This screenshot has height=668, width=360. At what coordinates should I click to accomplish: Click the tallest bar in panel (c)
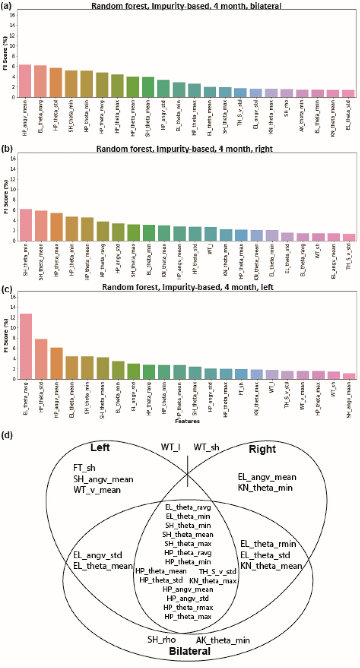click(26, 346)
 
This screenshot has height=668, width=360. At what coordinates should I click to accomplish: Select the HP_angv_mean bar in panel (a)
click(25, 81)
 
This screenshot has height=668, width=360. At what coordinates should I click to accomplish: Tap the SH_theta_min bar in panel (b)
click(26, 225)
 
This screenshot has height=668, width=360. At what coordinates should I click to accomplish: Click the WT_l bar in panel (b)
click(210, 234)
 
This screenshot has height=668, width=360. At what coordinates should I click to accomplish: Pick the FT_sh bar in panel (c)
click(241, 374)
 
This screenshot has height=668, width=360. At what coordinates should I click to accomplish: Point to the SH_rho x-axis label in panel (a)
click(286, 108)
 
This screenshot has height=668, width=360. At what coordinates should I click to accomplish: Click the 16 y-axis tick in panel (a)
click(12, 15)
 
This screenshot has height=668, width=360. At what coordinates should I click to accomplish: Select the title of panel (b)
click(184, 149)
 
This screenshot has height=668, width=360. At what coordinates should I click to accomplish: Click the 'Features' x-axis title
click(187, 421)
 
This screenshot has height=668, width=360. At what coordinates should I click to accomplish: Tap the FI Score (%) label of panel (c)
click(6, 335)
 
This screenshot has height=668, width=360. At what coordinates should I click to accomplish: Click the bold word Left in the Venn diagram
click(100, 447)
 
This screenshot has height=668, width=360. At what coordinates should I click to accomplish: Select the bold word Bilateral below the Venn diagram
click(190, 651)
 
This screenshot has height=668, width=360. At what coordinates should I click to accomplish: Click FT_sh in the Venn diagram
click(84, 468)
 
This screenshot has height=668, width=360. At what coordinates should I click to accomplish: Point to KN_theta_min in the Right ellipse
click(265, 488)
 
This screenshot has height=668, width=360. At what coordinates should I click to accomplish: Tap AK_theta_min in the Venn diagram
click(223, 640)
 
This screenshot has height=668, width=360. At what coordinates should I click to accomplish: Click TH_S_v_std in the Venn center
click(217, 572)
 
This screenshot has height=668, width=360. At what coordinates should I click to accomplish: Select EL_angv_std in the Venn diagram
click(97, 555)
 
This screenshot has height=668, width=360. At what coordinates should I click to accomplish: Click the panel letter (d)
click(7, 435)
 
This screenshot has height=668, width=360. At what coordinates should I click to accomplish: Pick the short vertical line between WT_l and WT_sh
click(187, 471)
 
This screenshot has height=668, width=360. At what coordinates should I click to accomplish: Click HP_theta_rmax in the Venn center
click(188, 607)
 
